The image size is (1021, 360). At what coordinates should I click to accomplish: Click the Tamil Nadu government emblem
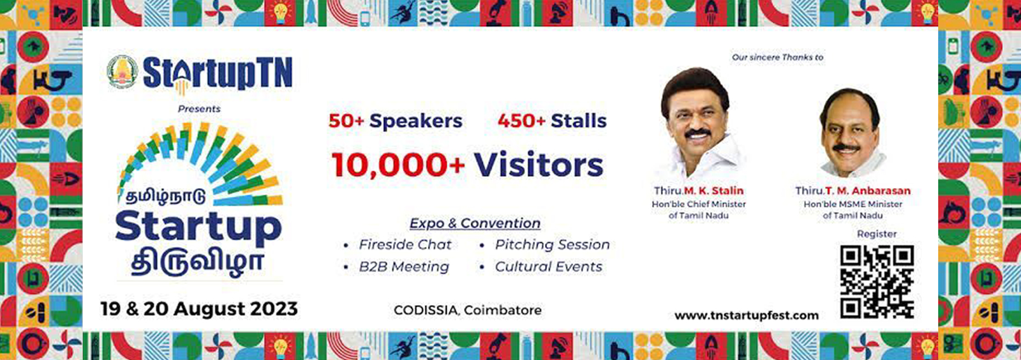(122, 72)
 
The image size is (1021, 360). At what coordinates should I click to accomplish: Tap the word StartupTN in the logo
(218, 73)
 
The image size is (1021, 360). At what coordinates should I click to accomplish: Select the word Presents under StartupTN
(199, 109)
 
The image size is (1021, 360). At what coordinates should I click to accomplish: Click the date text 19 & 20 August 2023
(199, 309)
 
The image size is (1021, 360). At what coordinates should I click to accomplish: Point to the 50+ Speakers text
(396, 121)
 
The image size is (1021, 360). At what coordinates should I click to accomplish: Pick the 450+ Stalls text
(552, 121)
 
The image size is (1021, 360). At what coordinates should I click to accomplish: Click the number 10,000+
(399, 165)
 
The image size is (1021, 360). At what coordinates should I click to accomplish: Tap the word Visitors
(539, 165)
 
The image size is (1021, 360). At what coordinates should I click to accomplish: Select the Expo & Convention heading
(475, 223)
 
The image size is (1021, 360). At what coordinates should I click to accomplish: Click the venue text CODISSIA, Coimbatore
(468, 310)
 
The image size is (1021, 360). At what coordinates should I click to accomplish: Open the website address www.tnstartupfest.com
(747, 315)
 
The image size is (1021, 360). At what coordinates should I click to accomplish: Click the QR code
(877, 281)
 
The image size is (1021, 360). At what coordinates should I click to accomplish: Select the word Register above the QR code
(877, 234)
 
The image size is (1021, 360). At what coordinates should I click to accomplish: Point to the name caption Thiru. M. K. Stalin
(699, 190)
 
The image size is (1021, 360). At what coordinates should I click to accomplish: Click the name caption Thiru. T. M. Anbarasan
(853, 190)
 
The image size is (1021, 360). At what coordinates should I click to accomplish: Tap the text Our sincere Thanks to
(778, 57)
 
